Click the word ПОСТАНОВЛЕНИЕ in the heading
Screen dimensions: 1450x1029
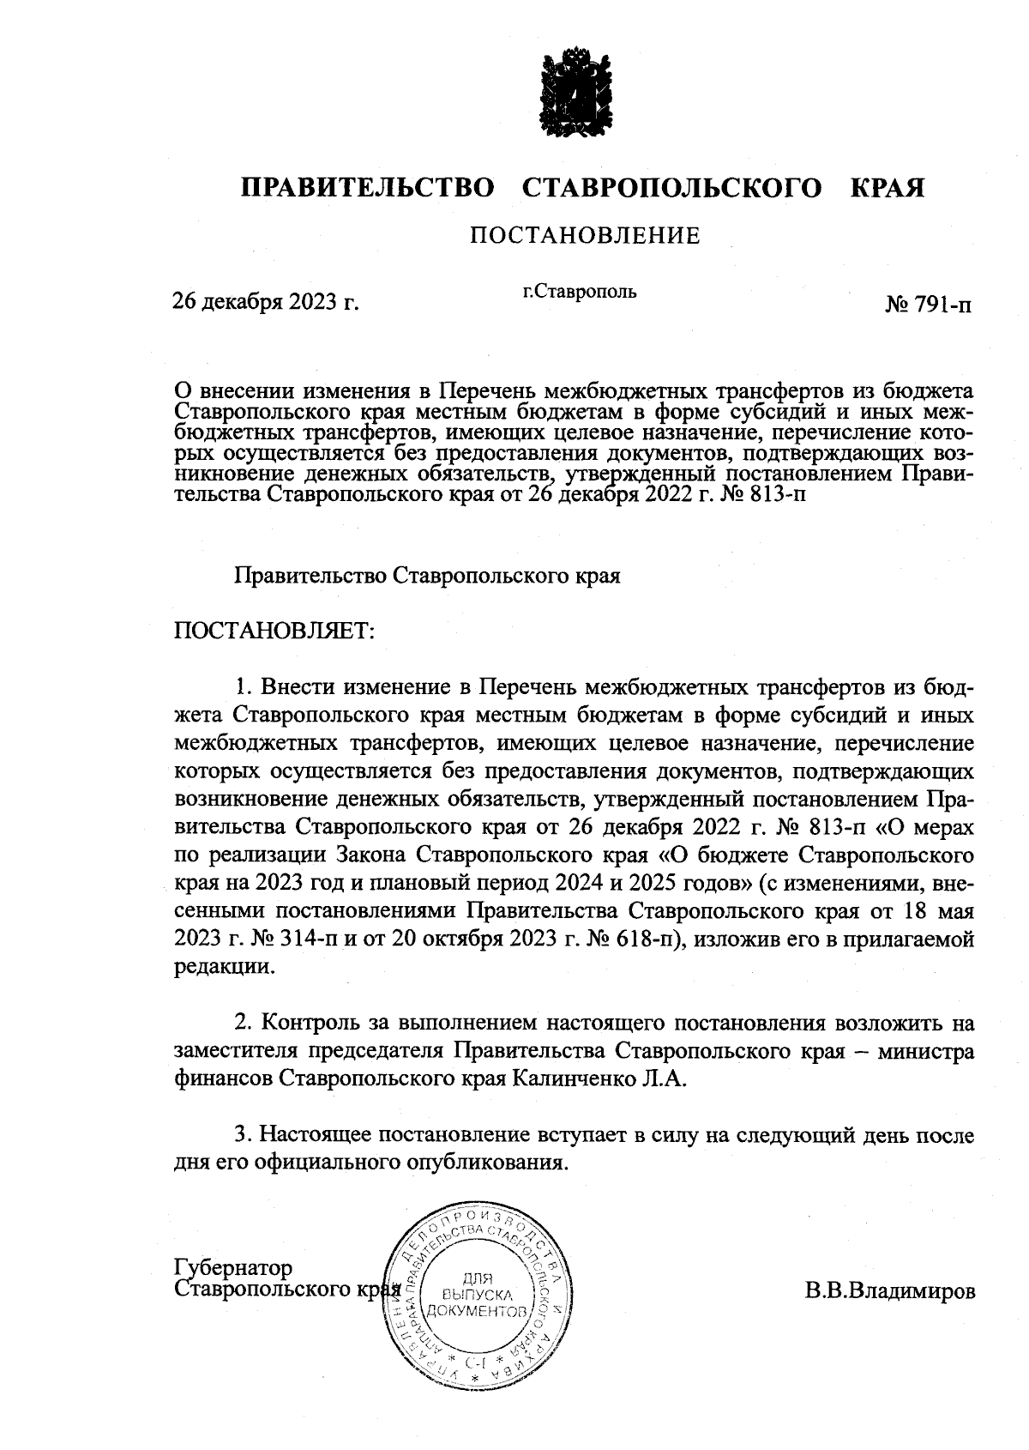585,235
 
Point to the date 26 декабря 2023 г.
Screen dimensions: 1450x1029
265,302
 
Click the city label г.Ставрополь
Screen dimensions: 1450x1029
580,291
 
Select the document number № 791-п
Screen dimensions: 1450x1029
929,305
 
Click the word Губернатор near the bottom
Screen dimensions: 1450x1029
232,1268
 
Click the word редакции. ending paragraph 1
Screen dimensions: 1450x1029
225,966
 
